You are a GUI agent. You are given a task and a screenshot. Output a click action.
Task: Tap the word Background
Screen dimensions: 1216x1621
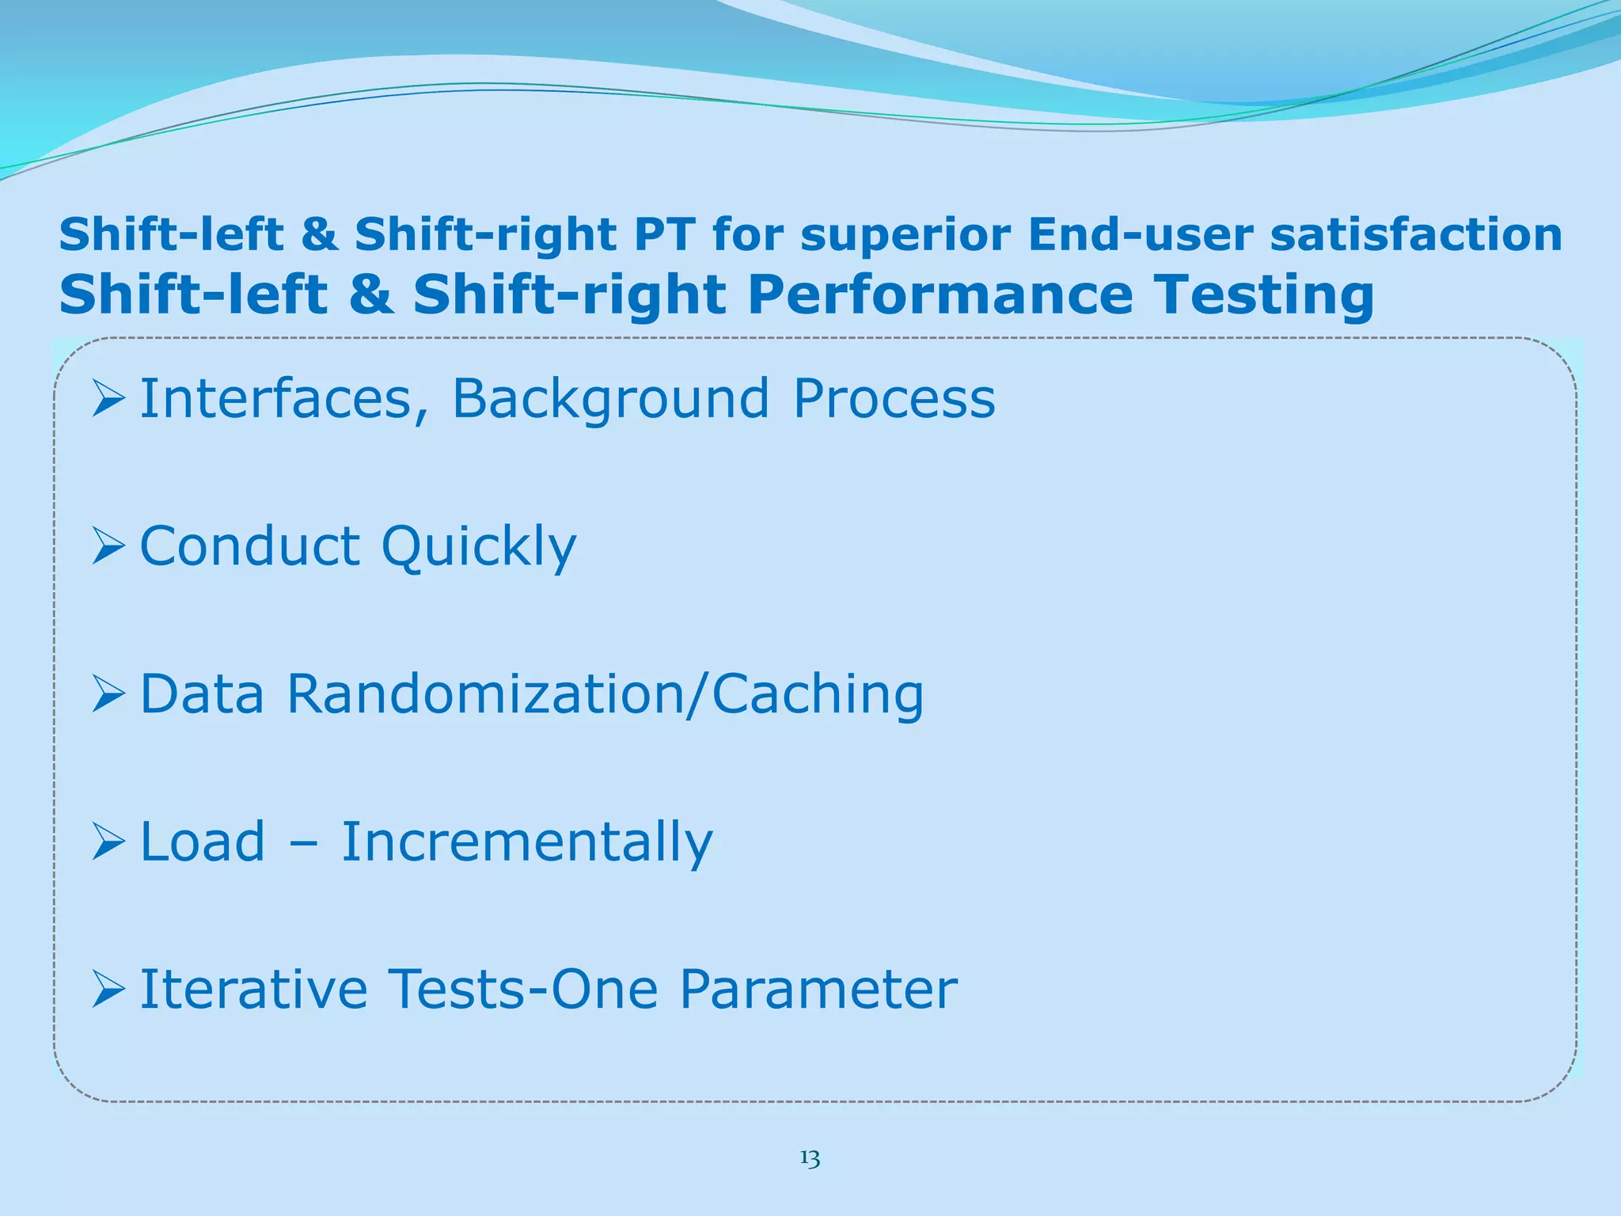pos(610,400)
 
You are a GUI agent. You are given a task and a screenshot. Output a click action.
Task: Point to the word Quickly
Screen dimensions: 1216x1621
pos(479,548)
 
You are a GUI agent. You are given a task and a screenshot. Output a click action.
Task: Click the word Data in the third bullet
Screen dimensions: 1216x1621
pos(202,694)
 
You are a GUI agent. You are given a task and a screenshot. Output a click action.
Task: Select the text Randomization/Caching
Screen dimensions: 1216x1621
pos(605,695)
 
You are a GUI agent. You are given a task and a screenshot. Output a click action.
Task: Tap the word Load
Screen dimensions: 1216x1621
pos(202,842)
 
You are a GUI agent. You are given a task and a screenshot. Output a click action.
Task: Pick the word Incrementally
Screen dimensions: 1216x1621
pos(527,842)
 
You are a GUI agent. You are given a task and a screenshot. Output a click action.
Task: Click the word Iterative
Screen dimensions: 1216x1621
pos(253,990)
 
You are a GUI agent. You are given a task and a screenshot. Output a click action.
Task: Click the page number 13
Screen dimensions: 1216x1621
pos(810,1159)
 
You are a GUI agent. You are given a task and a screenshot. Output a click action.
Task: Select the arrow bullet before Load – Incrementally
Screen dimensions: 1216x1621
pos(108,842)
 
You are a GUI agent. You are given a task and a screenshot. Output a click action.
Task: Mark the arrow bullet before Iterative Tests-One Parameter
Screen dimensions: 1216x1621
pos(108,990)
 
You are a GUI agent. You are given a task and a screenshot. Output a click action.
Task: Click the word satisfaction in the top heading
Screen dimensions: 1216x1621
pos(1416,235)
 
